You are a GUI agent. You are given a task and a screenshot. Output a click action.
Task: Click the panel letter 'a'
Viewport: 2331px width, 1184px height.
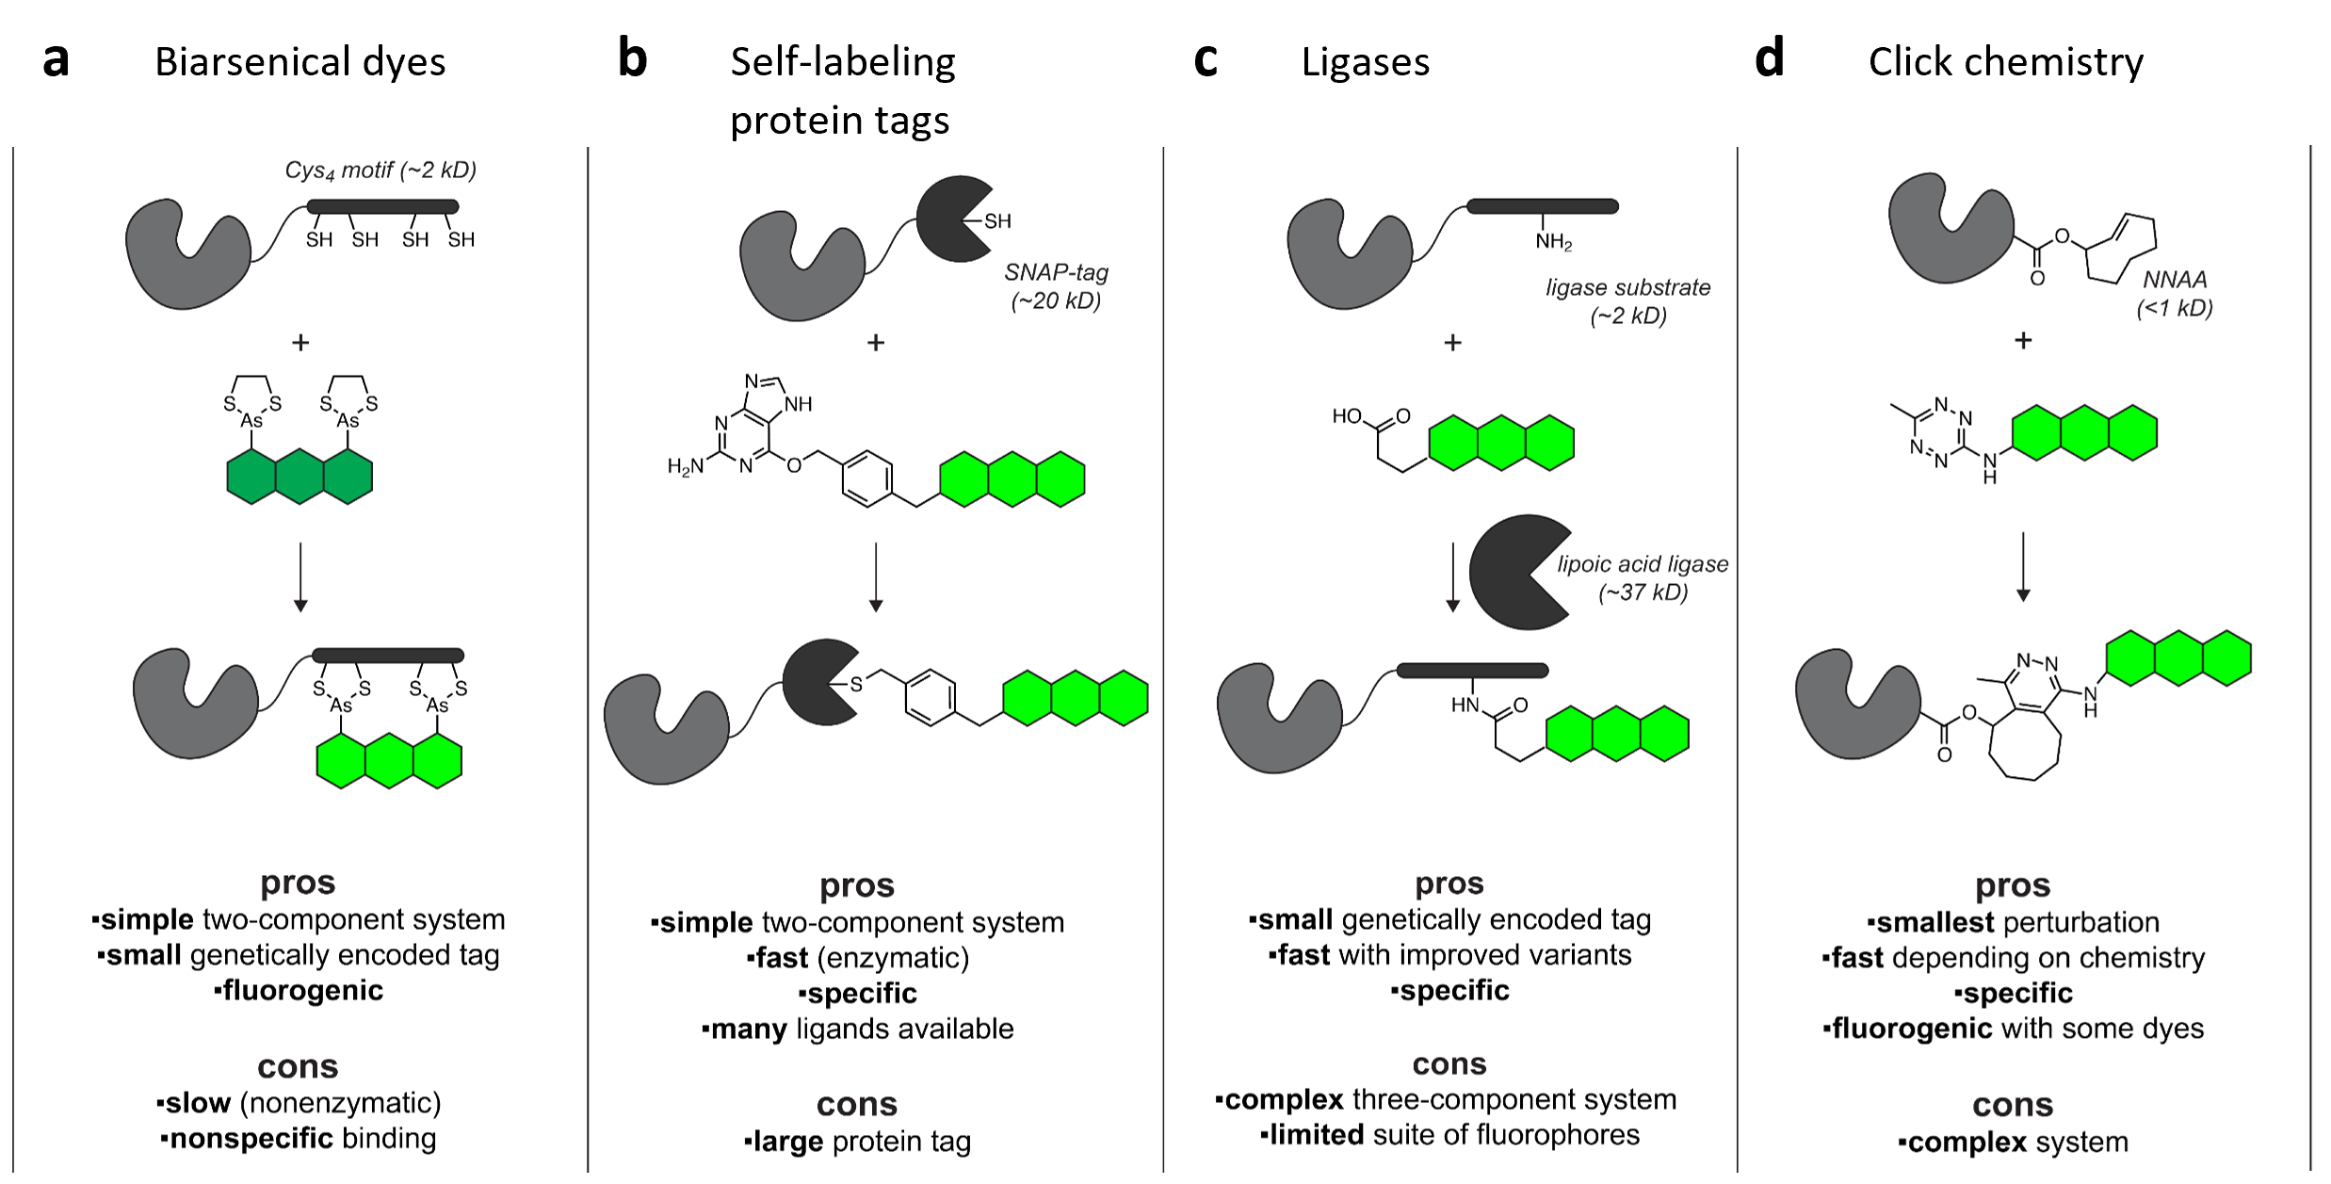(x=57, y=61)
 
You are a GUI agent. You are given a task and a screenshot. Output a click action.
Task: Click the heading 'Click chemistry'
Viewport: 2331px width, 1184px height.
(x=2005, y=62)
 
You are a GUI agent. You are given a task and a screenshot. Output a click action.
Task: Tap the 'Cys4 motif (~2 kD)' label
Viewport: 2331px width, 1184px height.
(x=380, y=170)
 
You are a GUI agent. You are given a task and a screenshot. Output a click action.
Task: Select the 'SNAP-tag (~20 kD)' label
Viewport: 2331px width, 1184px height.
(x=1056, y=286)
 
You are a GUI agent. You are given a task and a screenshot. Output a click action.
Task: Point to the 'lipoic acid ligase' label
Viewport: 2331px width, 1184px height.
(x=1643, y=564)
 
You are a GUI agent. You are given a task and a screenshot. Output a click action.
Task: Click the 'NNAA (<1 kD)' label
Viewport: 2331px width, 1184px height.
(x=2175, y=294)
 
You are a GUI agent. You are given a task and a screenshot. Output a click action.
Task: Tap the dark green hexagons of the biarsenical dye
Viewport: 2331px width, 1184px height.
(x=299, y=477)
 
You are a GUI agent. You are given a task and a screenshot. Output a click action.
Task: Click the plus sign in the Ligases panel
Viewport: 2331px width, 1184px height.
(x=1452, y=343)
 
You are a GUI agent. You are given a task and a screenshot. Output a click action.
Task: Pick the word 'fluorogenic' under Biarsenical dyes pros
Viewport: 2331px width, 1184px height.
(x=302, y=991)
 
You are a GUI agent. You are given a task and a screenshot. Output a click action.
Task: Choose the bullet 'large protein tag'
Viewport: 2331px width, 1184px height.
(x=857, y=1142)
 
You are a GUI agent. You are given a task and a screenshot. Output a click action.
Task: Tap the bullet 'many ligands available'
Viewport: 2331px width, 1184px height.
(x=858, y=1029)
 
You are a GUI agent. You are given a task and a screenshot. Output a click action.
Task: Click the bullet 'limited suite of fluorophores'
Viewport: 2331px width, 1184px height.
(x=1450, y=1135)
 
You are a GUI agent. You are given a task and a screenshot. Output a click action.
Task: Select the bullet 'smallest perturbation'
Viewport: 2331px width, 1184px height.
(x=2013, y=922)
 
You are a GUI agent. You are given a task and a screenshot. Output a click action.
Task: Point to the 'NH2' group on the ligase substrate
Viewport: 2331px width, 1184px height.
(x=1553, y=242)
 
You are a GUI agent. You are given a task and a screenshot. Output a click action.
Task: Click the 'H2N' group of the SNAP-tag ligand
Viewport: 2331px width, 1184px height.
(x=686, y=466)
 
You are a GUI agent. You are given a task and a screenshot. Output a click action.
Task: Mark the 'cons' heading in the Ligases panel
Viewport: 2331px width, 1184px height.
(x=1449, y=1064)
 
